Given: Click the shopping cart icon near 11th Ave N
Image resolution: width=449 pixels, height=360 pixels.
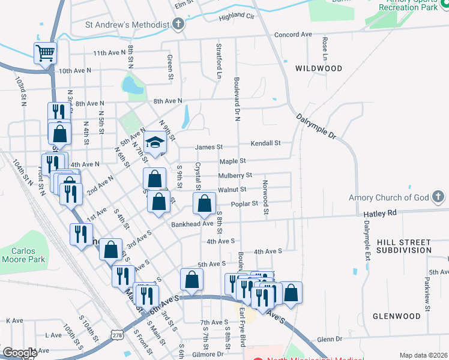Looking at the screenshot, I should [x=46, y=53].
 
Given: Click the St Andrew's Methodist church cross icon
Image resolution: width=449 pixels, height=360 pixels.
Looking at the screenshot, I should [x=178, y=25].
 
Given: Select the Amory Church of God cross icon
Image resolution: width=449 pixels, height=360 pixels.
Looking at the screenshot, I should [x=439, y=197].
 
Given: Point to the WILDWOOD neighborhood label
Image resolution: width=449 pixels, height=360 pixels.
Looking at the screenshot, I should [x=319, y=69].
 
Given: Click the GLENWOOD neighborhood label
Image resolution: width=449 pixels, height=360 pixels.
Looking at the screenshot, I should [x=396, y=316].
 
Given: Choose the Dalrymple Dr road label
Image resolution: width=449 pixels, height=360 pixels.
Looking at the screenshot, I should [x=316, y=125].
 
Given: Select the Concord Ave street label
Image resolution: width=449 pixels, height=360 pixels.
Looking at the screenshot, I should [x=293, y=35].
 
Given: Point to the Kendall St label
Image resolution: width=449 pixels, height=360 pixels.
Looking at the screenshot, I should [x=266, y=143].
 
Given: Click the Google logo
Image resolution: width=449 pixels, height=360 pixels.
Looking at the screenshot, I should [x=20, y=353].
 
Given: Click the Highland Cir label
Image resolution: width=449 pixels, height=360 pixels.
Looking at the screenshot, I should [x=237, y=17].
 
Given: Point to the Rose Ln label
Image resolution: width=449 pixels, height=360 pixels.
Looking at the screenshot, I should [x=325, y=47].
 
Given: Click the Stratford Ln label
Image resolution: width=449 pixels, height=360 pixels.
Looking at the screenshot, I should [x=218, y=61].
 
